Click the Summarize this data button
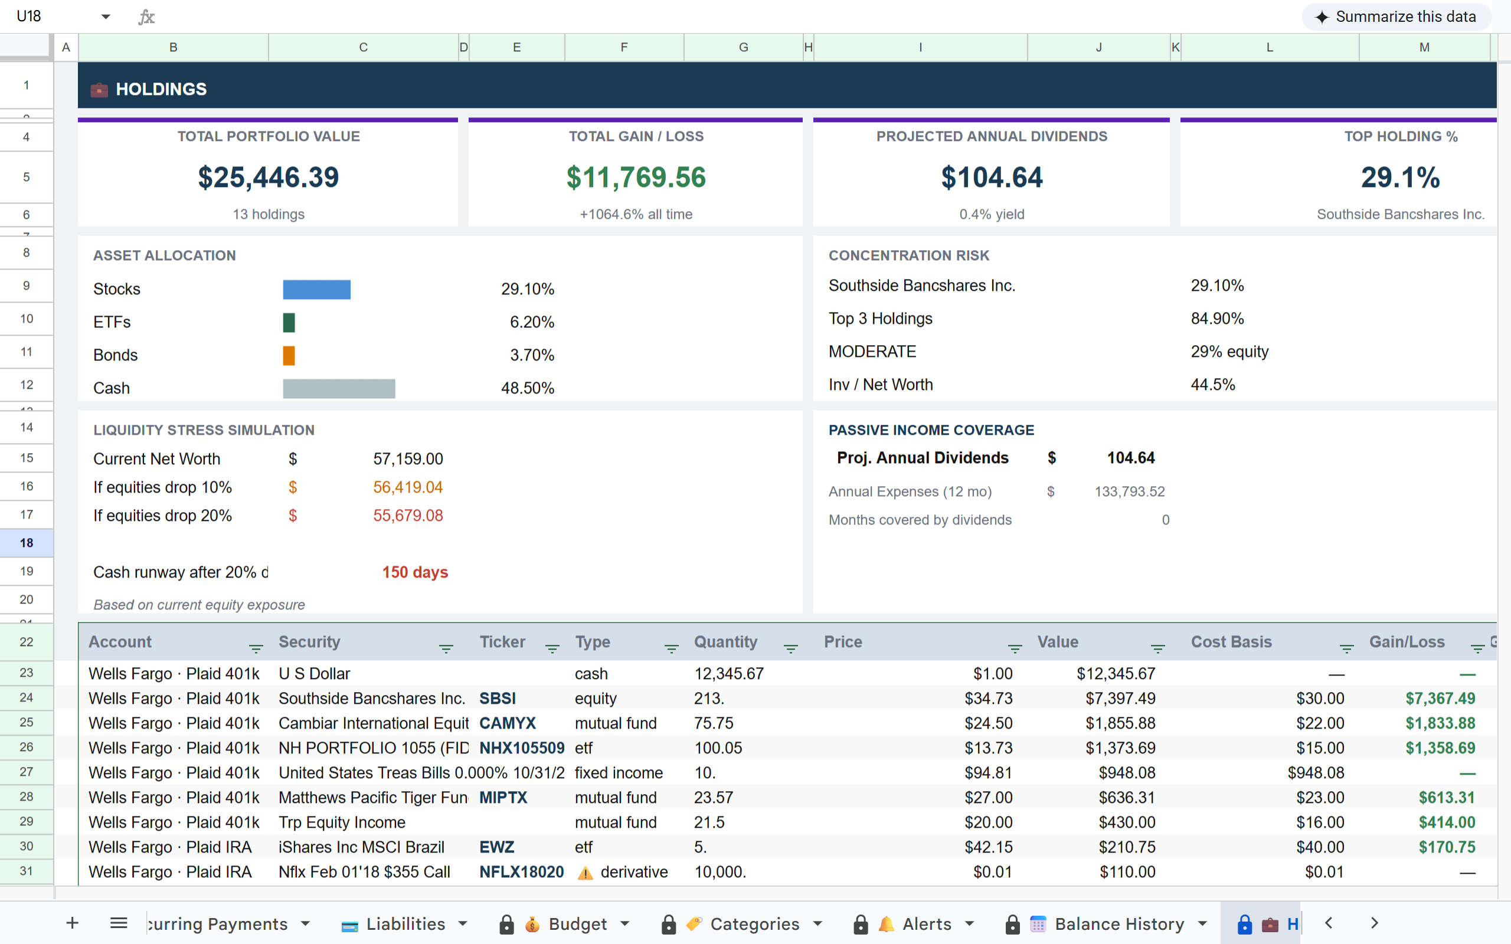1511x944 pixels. coord(1396,17)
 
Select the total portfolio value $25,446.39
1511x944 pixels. coord(269,178)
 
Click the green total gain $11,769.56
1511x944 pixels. coord(636,178)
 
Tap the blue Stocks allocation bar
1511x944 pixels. coord(316,289)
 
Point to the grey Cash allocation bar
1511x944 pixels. coord(338,388)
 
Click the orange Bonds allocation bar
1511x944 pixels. coord(289,355)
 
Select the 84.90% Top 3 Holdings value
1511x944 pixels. coord(1217,319)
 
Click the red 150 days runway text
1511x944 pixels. coord(414,572)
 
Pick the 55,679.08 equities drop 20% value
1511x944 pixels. coord(408,516)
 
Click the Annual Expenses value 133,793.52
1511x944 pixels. coord(1129,491)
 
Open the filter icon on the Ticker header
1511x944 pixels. coord(552,648)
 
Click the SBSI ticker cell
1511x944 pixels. coord(498,698)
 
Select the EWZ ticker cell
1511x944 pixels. coord(496,847)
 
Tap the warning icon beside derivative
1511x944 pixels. coord(585,873)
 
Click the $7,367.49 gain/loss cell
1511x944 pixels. coord(1440,698)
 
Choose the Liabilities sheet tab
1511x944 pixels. coord(404,923)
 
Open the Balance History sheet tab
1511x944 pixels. coord(1118,923)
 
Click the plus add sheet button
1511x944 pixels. coord(73,923)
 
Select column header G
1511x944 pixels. coord(743,47)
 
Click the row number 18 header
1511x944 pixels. coord(26,543)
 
